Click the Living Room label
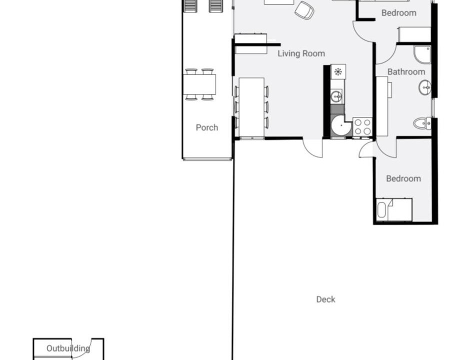[301, 53]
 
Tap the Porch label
[207, 127]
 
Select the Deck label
[325, 299]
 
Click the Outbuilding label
[68, 348]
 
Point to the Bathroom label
[406, 71]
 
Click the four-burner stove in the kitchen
[362, 127]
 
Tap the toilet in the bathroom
[422, 123]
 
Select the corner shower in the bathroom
[422, 54]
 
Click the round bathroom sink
[425, 87]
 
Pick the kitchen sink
[336, 96]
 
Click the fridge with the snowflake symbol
[338, 71]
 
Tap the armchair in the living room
[304, 10]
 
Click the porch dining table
[199, 84]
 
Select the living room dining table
[251, 107]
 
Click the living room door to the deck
[313, 147]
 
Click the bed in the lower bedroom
[394, 210]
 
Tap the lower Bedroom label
[403, 178]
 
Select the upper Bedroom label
[398, 13]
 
